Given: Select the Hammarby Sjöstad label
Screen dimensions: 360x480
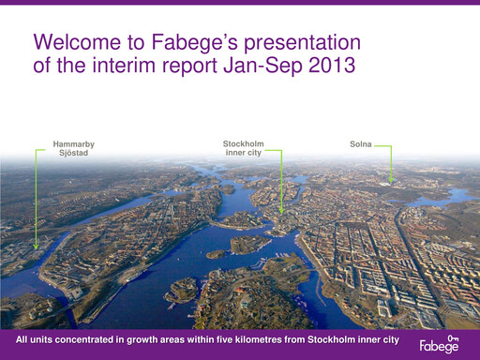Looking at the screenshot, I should tap(73, 148).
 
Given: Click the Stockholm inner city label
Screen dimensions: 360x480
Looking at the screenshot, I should tap(243, 148).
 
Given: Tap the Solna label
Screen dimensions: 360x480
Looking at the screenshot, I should tap(360, 144).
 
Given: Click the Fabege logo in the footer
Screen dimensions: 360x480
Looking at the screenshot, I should tap(439, 347).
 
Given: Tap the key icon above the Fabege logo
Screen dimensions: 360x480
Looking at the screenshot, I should tap(453, 337).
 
